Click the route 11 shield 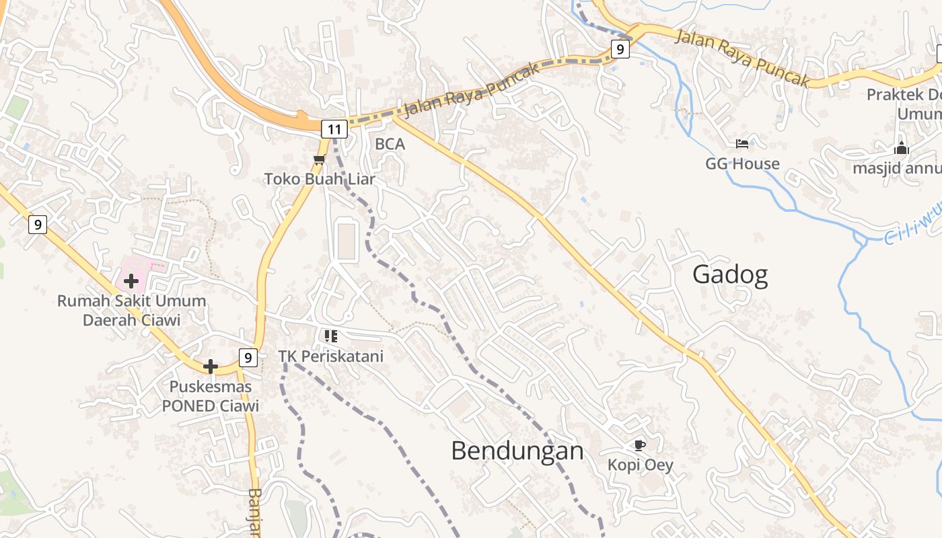[x=334, y=128]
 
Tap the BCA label [x=390, y=144]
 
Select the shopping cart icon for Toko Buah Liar [x=319, y=159]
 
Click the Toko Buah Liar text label [x=320, y=179]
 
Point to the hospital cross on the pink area [x=131, y=280]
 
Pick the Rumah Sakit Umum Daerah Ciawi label [x=132, y=310]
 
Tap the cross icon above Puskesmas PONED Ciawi [x=211, y=367]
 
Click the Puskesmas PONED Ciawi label [x=211, y=396]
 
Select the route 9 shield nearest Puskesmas [x=248, y=358]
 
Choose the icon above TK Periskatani [x=330, y=336]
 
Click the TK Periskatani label [x=331, y=356]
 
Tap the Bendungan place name [x=517, y=451]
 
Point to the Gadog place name [x=730, y=275]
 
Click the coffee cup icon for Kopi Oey [x=640, y=445]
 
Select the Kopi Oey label [x=640, y=465]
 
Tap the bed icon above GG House [x=742, y=144]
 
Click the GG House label [x=742, y=163]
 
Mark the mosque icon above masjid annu [x=901, y=149]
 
